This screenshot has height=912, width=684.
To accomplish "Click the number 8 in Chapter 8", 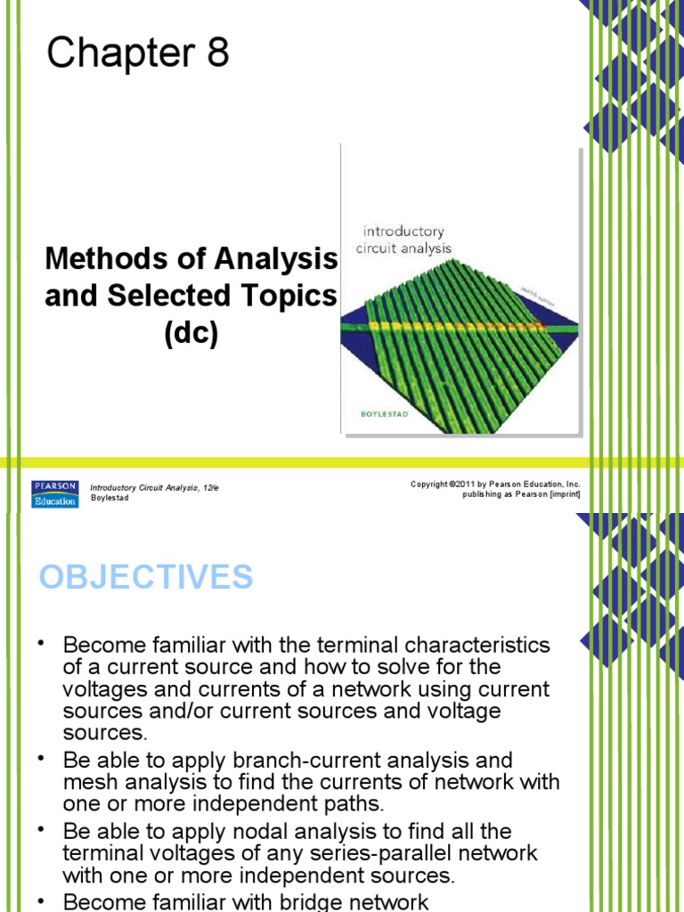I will coord(218,54).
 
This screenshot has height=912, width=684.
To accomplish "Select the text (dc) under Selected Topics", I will coord(191,333).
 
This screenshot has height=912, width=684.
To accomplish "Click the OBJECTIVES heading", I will coord(146,577).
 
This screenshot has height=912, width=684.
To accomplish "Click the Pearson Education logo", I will coord(54,493).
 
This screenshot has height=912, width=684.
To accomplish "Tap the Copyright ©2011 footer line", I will coord(495,484).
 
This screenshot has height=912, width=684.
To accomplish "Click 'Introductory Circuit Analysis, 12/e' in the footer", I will coord(154,488).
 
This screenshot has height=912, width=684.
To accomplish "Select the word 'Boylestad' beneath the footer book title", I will coord(110,498).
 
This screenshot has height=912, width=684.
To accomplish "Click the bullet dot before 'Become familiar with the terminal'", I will coord(40,643).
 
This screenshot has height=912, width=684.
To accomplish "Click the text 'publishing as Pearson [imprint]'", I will coord(521,494).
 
